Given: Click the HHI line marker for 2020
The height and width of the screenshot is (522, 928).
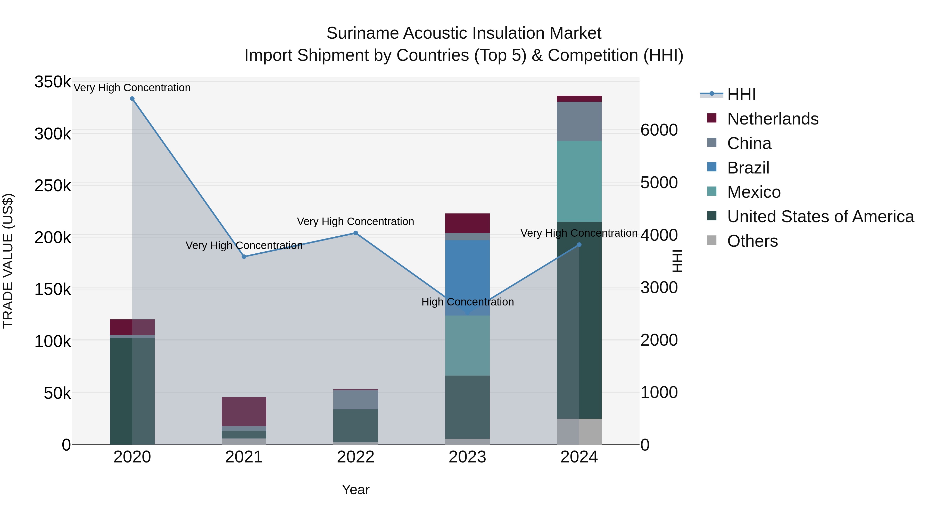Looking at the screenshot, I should click(132, 99).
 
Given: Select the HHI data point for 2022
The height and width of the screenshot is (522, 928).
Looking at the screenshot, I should click(355, 233).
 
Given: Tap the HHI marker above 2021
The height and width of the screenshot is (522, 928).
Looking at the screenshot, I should click(244, 257).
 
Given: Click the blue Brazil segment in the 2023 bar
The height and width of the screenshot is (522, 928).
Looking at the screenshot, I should click(467, 277).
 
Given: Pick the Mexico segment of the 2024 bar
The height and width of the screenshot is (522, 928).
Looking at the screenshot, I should click(579, 181).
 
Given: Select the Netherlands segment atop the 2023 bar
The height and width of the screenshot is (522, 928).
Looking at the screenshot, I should click(467, 223).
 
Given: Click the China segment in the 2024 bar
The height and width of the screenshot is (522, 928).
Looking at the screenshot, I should click(579, 121).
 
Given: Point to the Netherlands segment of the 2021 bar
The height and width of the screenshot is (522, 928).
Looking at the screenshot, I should click(244, 411).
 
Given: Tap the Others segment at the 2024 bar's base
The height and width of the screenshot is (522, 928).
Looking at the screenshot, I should click(579, 431).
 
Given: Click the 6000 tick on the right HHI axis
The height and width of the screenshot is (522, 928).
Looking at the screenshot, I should click(659, 130).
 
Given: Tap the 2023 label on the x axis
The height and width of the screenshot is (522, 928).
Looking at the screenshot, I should click(467, 457).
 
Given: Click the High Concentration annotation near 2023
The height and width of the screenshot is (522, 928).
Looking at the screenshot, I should click(467, 302).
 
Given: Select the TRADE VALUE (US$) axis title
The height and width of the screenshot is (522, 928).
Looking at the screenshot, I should click(8, 261).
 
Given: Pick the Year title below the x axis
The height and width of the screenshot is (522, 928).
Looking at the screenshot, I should click(355, 490).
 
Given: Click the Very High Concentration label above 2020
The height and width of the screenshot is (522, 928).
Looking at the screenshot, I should click(132, 88).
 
